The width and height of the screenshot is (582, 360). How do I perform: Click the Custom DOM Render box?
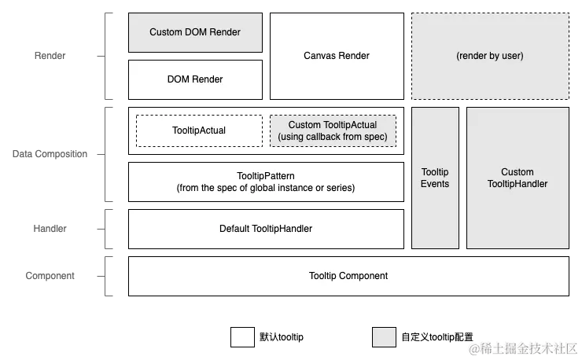point(195,33)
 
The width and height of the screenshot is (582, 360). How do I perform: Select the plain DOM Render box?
point(195,80)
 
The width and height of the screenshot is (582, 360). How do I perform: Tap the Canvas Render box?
point(337,56)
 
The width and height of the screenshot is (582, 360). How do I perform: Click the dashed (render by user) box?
point(490,56)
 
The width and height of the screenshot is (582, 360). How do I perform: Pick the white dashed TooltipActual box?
point(199,130)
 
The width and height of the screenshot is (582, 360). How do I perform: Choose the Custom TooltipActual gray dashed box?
point(333,130)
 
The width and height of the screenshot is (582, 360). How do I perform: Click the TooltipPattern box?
point(266,182)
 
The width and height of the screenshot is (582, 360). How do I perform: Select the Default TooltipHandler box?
point(266,229)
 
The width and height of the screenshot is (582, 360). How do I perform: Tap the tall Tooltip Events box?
point(435,178)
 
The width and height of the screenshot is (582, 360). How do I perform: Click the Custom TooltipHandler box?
point(518,178)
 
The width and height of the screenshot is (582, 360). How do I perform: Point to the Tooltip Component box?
point(348,276)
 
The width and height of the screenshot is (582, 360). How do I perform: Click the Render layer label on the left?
point(50,56)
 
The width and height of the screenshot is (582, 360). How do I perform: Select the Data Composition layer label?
point(50,154)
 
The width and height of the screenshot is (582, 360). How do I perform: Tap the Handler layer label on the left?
point(50,229)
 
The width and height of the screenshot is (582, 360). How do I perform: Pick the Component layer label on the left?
point(50,276)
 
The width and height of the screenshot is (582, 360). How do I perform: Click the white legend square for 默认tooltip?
point(242,337)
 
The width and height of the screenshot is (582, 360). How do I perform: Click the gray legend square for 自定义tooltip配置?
point(384,337)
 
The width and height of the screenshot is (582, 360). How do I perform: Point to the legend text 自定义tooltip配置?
point(437,337)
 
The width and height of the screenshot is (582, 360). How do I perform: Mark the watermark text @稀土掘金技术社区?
point(523,348)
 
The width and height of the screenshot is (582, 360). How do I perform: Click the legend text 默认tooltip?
point(282,337)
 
